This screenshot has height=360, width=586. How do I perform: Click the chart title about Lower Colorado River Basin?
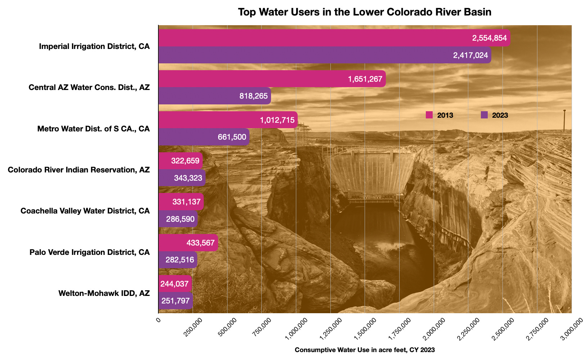click(x=364, y=12)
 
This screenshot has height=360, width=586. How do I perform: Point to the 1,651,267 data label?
click(x=365, y=79)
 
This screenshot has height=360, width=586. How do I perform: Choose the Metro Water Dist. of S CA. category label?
click(x=93, y=129)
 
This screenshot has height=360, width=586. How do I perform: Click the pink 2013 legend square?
click(x=429, y=115)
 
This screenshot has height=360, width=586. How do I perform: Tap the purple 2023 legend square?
click(x=484, y=115)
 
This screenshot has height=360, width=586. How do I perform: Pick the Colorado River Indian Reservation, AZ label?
click(x=78, y=170)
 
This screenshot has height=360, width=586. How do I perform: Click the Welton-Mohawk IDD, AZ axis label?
click(x=104, y=293)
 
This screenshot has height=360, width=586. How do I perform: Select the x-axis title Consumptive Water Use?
click(x=364, y=350)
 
